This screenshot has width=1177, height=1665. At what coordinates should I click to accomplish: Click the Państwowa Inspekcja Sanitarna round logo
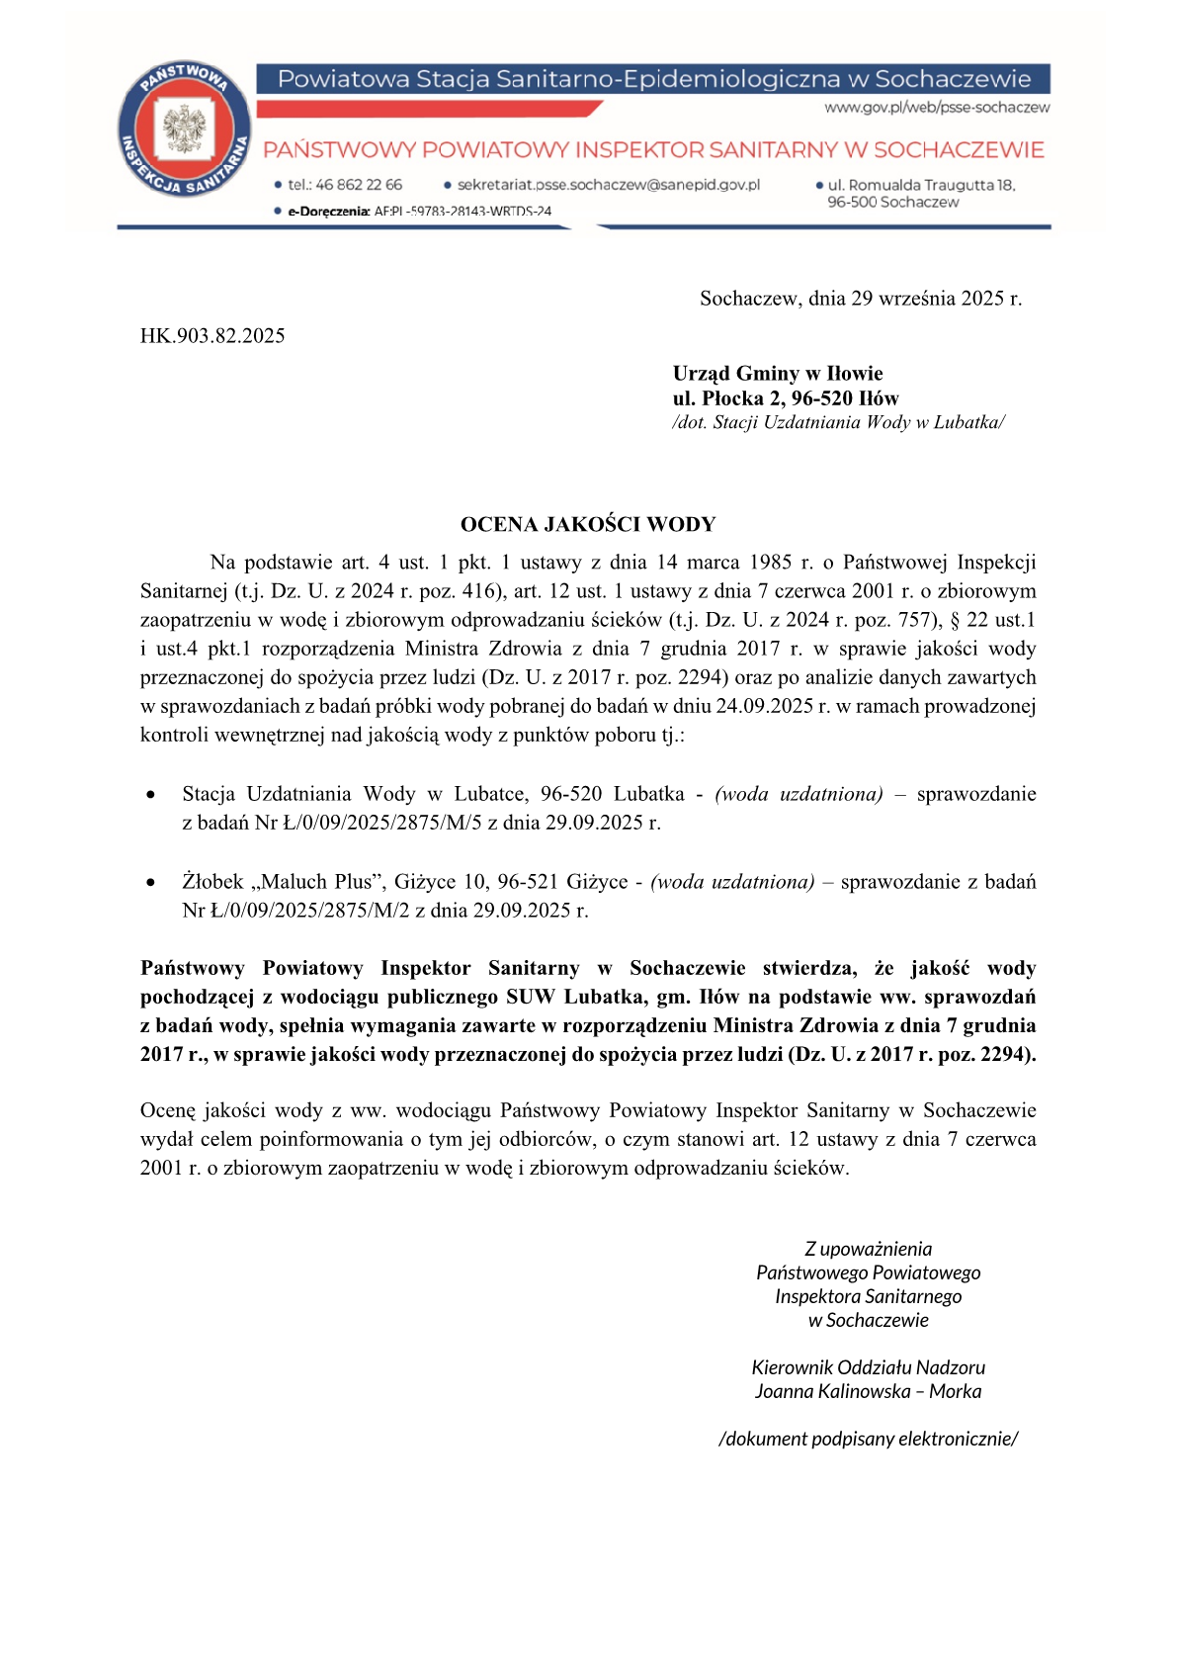tap(183, 130)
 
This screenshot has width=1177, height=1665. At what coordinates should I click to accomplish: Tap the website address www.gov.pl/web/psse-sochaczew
tap(937, 108)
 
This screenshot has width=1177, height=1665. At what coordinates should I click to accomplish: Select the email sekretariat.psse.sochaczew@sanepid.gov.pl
tap(608, 185)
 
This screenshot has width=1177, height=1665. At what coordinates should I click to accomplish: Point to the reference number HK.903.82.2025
tap(212, 336)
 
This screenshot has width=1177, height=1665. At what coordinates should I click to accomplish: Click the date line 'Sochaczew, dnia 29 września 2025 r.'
tap(860, 299)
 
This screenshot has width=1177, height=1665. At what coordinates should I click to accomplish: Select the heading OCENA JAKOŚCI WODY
tap(588, 525)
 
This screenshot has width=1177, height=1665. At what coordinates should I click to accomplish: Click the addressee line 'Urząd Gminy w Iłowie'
tap(778, 374)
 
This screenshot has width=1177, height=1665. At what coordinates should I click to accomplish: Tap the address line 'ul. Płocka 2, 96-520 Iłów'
tap(786, 398)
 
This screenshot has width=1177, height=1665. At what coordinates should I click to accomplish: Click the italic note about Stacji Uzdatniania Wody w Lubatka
tap(838, 423)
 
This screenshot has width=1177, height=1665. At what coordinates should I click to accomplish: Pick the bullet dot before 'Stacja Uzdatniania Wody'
tap(150, 795)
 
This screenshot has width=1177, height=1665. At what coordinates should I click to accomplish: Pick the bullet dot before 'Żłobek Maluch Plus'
tap(150, 883)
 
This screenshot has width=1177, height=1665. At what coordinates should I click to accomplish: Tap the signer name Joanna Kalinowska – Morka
tap(868, 1392)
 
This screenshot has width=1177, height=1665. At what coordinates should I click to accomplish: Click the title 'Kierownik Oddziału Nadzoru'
tap(868, 1368)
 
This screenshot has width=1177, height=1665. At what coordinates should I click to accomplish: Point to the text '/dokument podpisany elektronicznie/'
tap(868, 1440)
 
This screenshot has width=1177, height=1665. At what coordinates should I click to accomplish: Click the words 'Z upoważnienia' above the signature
tap(868, 1250)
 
